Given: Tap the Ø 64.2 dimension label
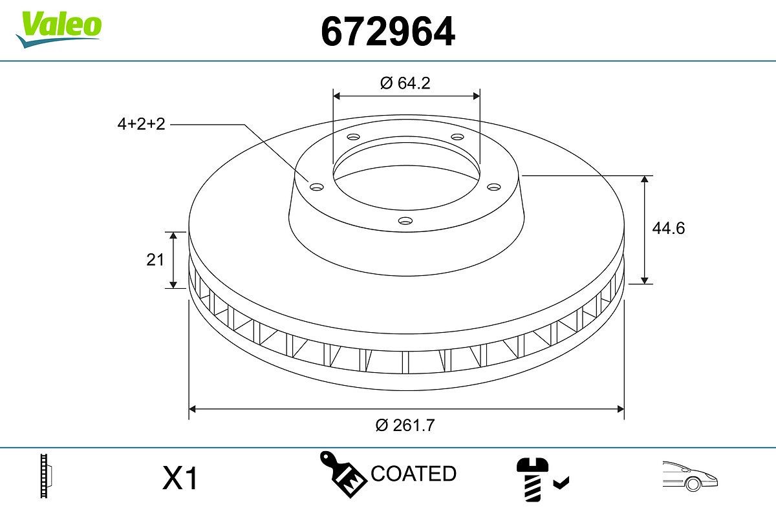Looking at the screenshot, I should tap(405, 83).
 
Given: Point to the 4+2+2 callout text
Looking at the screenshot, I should tap(142, 124).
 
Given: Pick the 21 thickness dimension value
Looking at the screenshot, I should tap(155, 260).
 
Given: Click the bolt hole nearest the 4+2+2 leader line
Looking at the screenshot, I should tap(316, 187).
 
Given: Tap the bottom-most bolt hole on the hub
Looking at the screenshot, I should tap(405, 221).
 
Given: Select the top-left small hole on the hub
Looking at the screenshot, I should tap(353, 137).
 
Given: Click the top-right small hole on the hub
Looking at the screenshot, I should tap(458, 137).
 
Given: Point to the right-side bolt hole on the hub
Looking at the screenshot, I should tap(494, 187).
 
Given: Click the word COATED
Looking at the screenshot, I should tap(413, 474).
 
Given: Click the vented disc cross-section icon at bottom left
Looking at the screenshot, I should tap(45, 477).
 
